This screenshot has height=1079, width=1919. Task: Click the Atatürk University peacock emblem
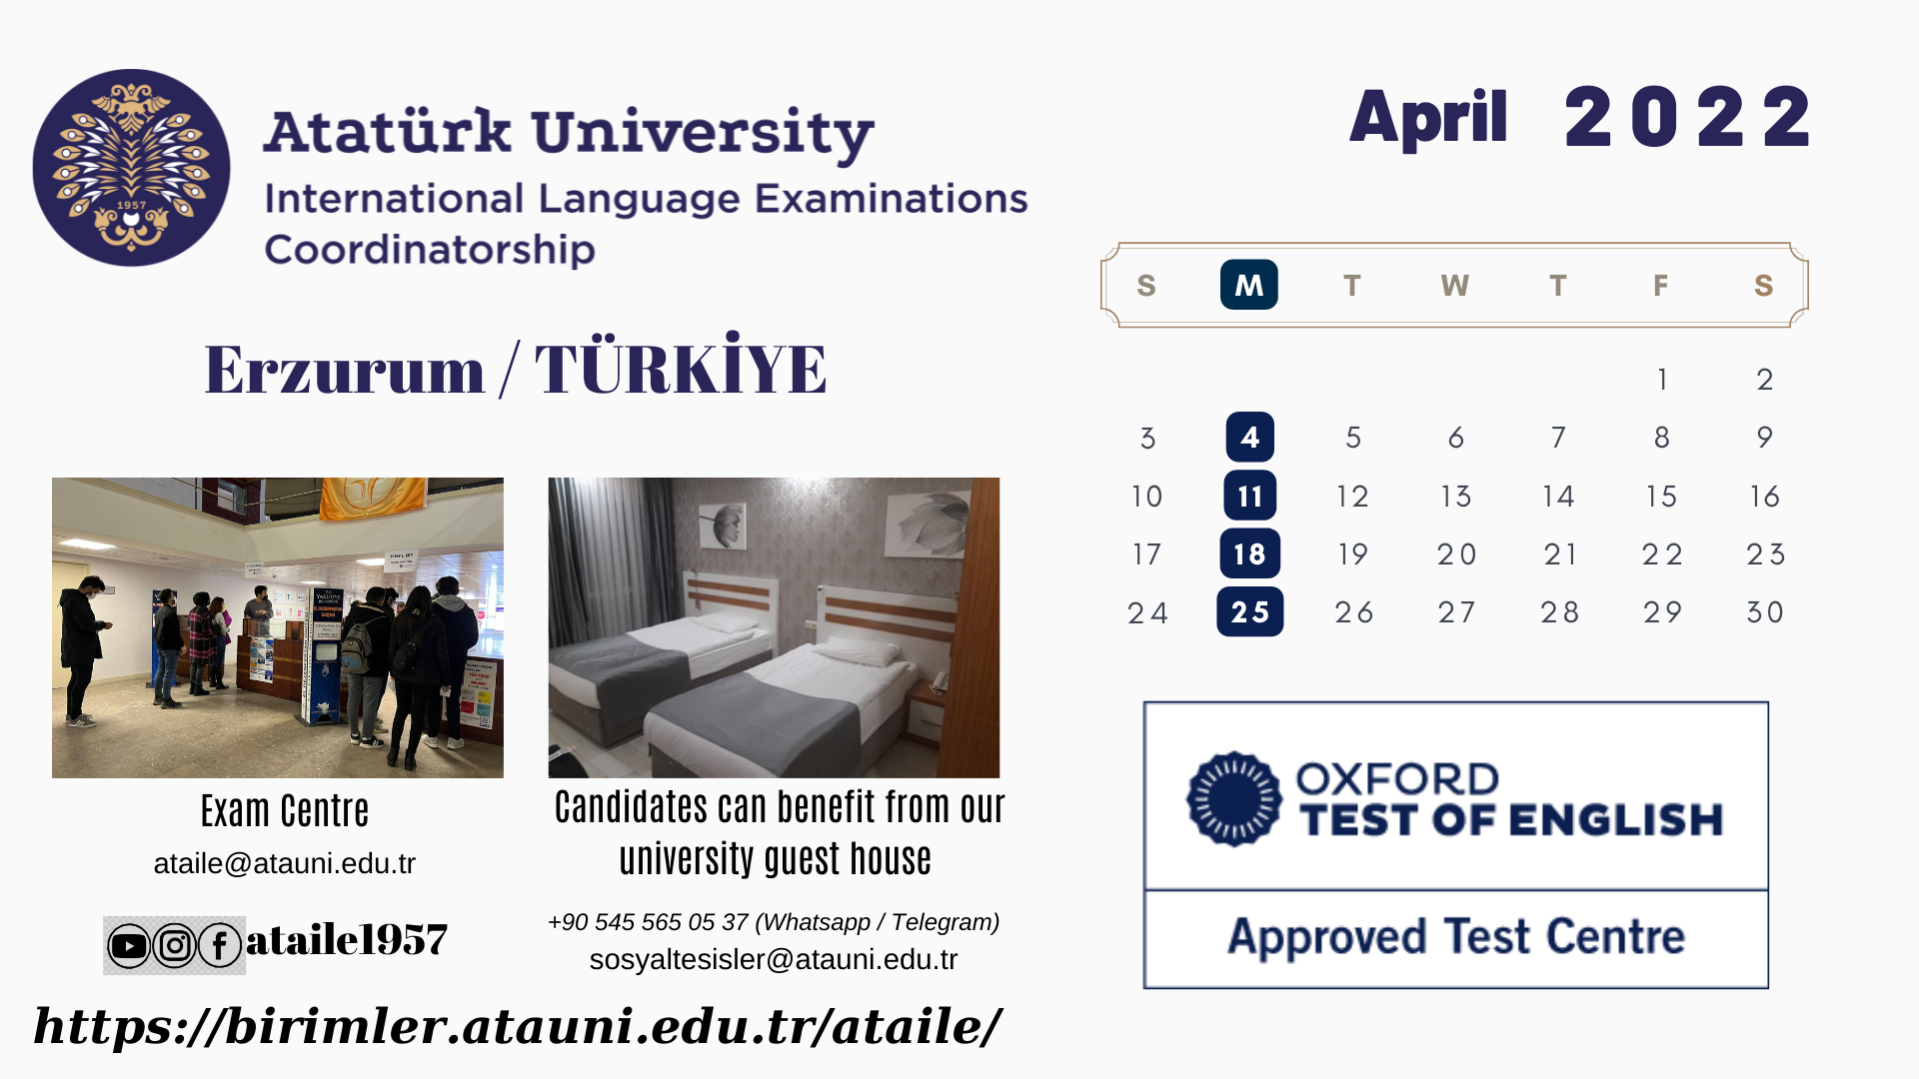tap(131, 168)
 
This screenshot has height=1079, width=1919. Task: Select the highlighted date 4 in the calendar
tap(1249, 437)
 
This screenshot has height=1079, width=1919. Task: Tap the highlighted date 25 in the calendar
tap(1249, 611)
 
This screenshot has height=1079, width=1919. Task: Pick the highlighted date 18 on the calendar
tap(1249, 553)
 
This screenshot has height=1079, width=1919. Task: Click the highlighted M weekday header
tap(1248, 285)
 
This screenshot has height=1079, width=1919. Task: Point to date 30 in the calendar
tap(1765, 611)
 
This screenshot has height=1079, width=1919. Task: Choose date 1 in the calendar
tap(1662, 380)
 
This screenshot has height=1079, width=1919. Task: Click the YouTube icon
tap(129, 945)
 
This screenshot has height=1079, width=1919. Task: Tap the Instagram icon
tap(175, 945)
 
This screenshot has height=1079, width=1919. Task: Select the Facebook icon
tap(220, 945)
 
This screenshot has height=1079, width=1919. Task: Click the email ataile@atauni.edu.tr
tap(284, 863)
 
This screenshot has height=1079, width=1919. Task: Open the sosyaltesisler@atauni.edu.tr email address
tap(774, 959)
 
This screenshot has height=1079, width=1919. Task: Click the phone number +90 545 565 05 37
tap(649, 922)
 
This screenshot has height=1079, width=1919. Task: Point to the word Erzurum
tap(345, 370)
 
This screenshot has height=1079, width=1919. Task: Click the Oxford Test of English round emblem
tap(1234, 799)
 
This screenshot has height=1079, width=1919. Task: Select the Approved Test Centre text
tap(1456, 937)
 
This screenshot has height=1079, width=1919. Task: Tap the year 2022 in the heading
tap(1687, 118)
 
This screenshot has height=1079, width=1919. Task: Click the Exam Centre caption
tap(285, 811)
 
